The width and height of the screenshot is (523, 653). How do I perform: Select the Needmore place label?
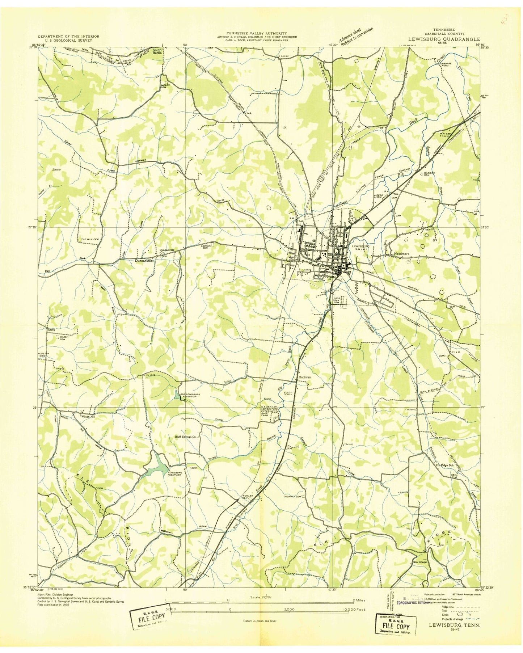pos(402,254)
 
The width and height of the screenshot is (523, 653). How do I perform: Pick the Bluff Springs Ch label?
pos(187,437)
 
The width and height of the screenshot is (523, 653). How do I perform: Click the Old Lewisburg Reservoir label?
pos(193,395)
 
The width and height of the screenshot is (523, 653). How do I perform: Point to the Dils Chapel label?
pos(421,562)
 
